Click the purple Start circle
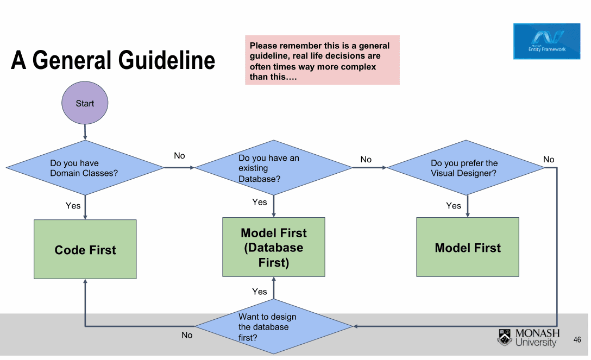pos(85,103)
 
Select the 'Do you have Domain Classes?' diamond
pos(85,168)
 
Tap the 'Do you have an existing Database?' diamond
pos(274,168)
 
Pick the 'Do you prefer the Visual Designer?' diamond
pos(466,168)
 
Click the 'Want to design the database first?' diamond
pos(274,326)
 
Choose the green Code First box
pos(85,249)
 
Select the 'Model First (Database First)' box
pos(274,247)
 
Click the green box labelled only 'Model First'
pos(468,247)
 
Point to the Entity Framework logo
pos(547,41)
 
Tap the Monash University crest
pos(505,337)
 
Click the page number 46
pos(577,340)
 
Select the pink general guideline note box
pos(322,60)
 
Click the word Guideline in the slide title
pos(167,60)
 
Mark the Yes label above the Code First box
pos(73,206)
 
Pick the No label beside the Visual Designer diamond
pos(549,159)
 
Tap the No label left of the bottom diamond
pos(187,335)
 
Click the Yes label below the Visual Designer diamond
pos(454,206)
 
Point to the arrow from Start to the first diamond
pos(85,132)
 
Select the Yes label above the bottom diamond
pos(259,292)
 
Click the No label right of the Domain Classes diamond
pos(179,155)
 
